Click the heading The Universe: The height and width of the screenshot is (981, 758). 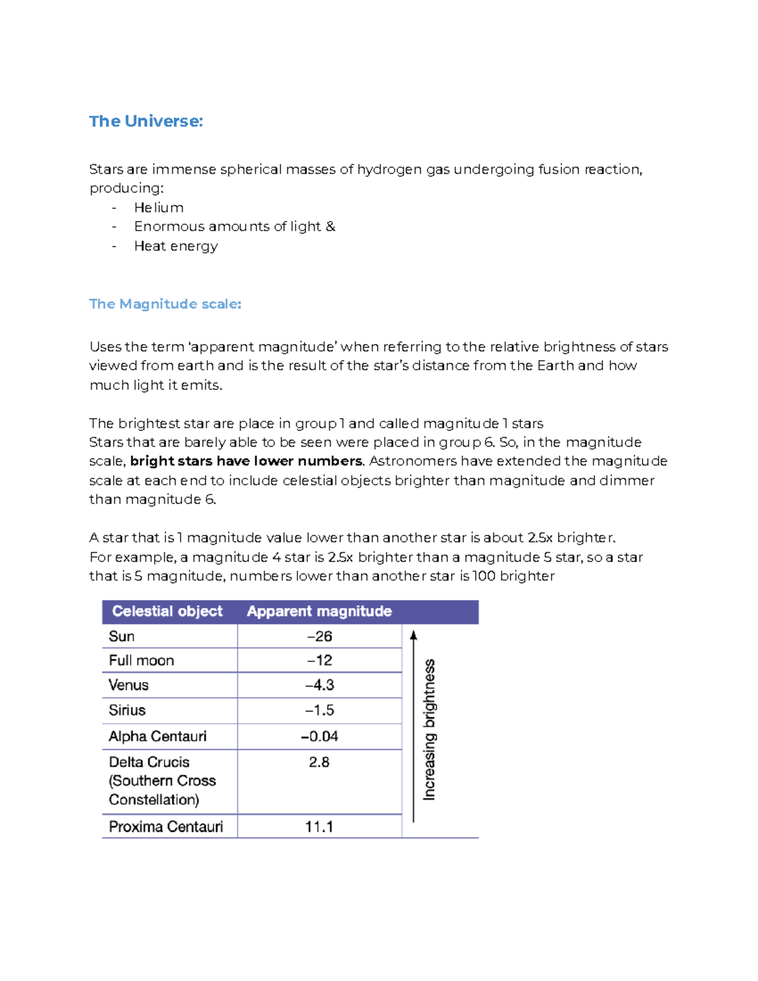pos(146,121)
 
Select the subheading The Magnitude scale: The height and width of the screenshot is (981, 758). pos(165,304)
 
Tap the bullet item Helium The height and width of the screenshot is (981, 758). pos(159,208)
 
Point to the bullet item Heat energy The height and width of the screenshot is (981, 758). pos(176,246)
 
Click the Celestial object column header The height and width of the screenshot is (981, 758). pos(167,611)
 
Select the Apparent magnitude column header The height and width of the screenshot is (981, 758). pos(319,611)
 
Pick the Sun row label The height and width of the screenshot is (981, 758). pos(121,636)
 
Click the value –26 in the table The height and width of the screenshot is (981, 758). pos(320,636)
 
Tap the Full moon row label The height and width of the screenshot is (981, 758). pos(141,661)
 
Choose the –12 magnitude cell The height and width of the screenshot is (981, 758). pos(320,661)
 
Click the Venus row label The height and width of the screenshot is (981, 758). pos(128,685)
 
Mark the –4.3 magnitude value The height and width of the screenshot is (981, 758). pos(320,685)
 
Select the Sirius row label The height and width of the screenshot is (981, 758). pos(127,711)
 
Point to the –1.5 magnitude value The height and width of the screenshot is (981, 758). pos(320,711)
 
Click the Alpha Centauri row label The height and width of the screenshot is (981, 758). pos(157,737)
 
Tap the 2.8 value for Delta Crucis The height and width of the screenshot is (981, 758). pos(319,762)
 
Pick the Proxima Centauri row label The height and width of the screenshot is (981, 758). pos(165,827)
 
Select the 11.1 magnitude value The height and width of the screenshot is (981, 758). pos(319,827)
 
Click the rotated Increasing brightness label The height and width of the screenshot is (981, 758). pos(430,730)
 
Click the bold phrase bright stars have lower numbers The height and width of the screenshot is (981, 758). pos(246,461)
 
